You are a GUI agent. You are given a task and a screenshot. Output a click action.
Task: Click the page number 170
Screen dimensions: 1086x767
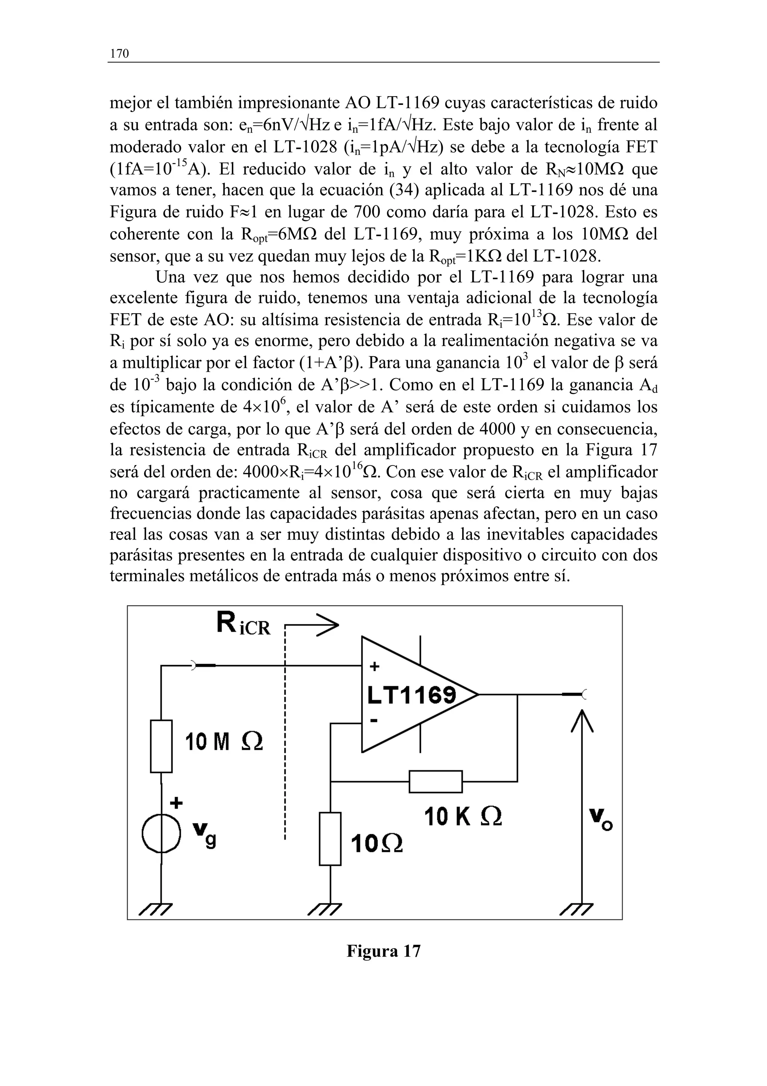tap(119, 54)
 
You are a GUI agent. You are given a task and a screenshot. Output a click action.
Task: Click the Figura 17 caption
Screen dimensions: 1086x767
tap(383, 951)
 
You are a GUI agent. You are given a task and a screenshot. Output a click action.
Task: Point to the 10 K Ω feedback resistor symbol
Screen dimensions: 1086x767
tap(435, 781)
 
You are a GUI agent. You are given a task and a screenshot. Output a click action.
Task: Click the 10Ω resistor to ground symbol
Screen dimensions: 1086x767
tap(330, 839)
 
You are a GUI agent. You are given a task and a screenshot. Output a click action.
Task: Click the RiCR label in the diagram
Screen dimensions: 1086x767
tap(243, 624)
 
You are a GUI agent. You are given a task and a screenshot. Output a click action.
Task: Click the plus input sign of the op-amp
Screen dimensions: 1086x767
tap(374, 667)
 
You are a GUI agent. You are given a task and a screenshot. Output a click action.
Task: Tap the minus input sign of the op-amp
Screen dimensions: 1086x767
tap(374, 721)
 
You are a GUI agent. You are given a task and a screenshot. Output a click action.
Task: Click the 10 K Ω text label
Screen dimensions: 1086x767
tap(463, 817)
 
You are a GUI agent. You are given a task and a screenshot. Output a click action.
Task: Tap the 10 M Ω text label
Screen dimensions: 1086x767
tap(224, 742)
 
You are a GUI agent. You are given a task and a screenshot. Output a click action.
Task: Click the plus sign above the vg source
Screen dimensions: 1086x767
tap(176, 803)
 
